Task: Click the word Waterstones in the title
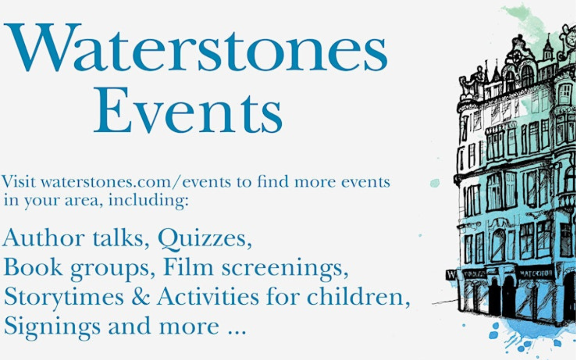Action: [x=195, y=48]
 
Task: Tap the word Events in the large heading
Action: [x=188, y=110]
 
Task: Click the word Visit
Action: [x=18, y=182]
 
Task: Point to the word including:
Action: [x=148, y=200]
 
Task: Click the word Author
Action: [x=44, y=238]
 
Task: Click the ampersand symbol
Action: [x=140, y=296]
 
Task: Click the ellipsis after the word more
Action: [x=237, y=332]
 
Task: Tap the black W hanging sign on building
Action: [x=451, y=274]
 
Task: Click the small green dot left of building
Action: [x=435, y=183]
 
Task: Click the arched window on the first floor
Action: [x=498, y=245]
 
